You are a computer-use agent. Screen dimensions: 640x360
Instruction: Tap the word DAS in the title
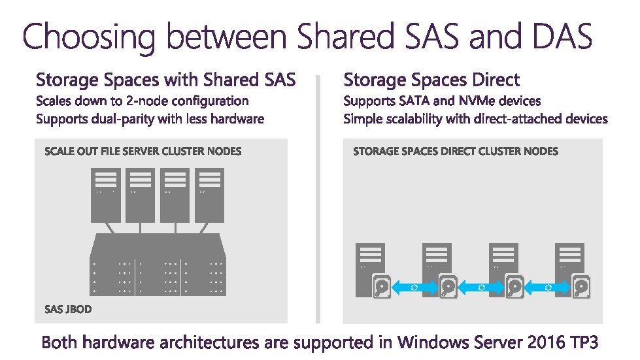pyautogui.click(x=556, y=37)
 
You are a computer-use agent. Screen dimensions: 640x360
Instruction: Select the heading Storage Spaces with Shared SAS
pyautogui.click(x=165, y=80)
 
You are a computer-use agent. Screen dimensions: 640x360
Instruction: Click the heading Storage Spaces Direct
pyautogui.click(x=431, y=80)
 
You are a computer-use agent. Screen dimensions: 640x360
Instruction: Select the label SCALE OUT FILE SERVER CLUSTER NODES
pyautogui.click(x=143, y=152)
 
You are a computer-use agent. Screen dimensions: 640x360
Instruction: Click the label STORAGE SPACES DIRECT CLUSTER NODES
pyautogui.click(x=455, y=152)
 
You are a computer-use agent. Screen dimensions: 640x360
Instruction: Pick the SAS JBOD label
pyautogui.click(x=68, y=308)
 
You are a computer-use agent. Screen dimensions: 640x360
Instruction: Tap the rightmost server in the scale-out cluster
pyautogui.click(x=209, y=195)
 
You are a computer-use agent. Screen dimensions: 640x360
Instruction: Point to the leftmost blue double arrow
pyautogui.click(x=414, y=287)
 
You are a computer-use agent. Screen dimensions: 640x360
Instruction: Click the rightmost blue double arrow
pyautogui.click(x=548, y=287)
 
